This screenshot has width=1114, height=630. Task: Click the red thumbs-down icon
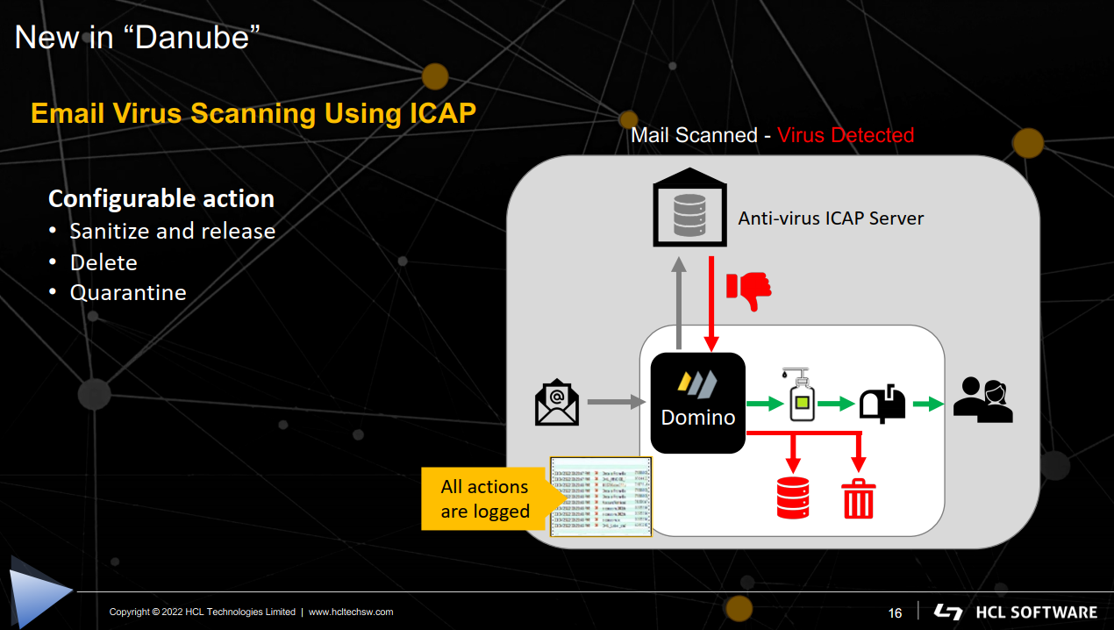(x=749, y=290)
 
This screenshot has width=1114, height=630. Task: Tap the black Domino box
(x=697, y=403)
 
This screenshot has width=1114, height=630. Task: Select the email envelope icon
(x=557, y=403)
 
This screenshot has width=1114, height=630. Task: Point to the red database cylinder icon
(x=792, y=497)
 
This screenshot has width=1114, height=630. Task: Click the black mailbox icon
(x=882, y=404)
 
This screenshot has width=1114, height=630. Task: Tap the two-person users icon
(x=982, y=399)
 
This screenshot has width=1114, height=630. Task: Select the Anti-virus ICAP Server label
(x=831, y=218)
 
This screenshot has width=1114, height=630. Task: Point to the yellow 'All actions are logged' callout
(x=486, y=499)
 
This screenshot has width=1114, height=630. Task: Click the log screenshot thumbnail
(x=601, y=497)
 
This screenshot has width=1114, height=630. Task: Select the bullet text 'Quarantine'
(x=128, y=292)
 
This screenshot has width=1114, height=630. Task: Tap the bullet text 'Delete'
(x=104, y=262)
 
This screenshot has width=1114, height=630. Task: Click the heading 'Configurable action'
(x=161, y=199)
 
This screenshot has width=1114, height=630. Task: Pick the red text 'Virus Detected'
(x=846, y=135)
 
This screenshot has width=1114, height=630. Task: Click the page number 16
(x=895, y=612)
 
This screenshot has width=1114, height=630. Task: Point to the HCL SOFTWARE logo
(x=1016, y=612)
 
